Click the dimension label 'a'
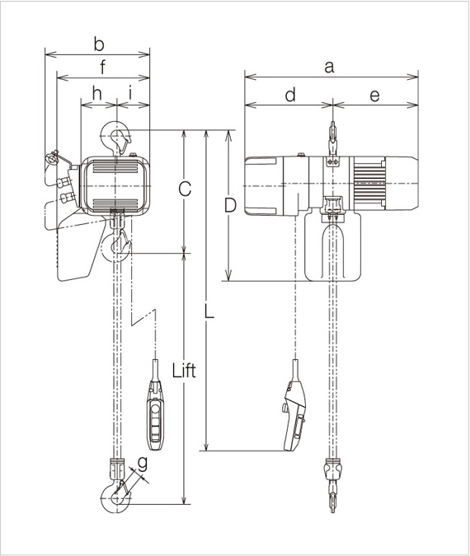(329, 68)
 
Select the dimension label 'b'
(98, 43)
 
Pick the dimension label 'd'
(289, 96)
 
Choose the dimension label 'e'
(374, 96)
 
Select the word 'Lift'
(184, 370)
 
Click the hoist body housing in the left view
(115, 186)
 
